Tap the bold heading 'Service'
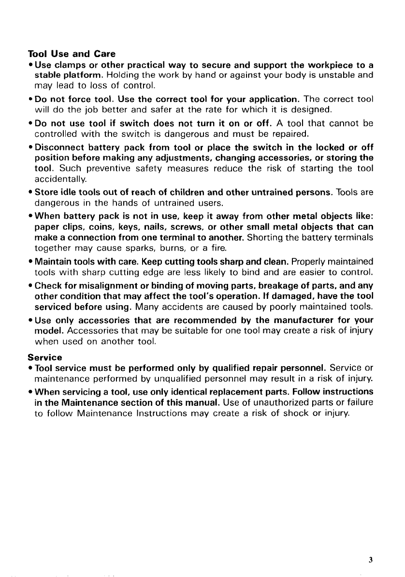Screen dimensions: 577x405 (x=44, y=357)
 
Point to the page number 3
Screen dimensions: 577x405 (x=370, y=560)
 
